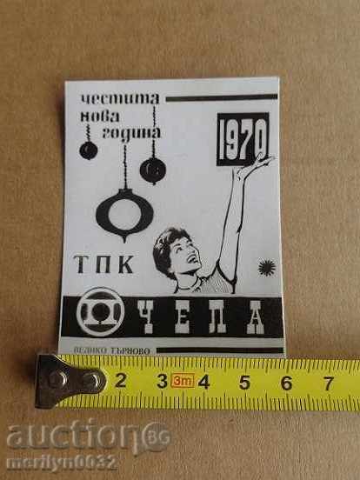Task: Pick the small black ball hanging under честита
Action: click(88, 150)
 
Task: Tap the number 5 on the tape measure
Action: click(244, 381)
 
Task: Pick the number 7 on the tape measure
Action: click(326, 382)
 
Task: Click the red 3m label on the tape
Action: click(182, 381)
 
